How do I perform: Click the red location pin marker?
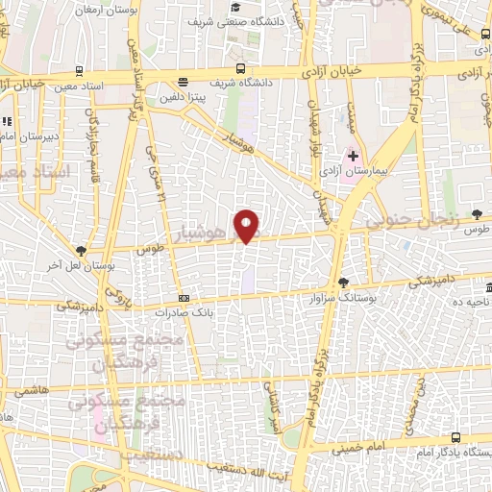tap(248, 226)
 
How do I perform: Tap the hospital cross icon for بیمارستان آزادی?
tap(353, 155)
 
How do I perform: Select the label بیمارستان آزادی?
tap(379, 169)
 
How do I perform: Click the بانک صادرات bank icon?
tap(184, 298)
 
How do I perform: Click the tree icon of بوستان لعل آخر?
tap(81, 251)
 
